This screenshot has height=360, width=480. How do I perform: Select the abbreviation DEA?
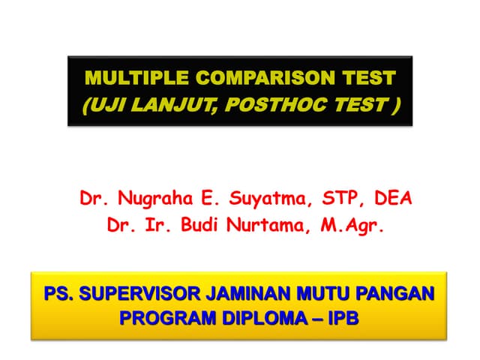click(391, 200)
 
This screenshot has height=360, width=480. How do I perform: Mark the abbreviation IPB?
click(343, 318)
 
